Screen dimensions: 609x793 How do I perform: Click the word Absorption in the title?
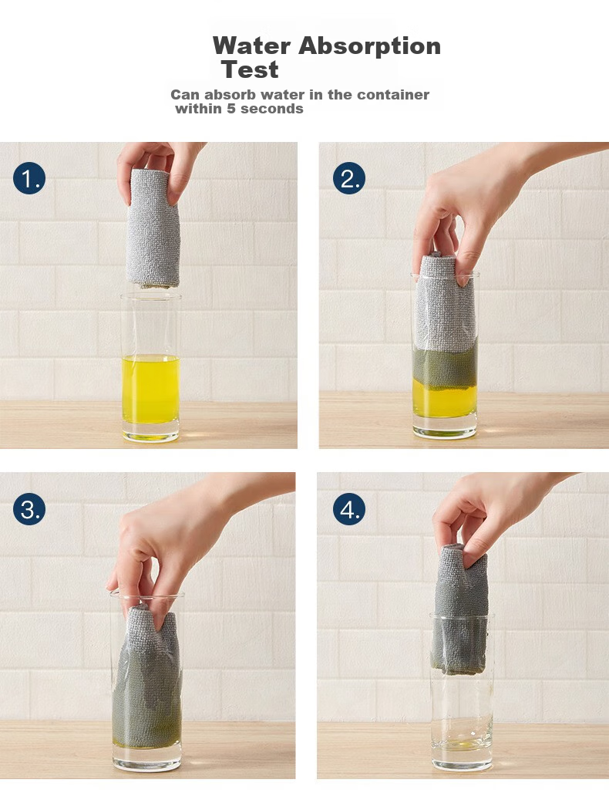click(x=369, y=46)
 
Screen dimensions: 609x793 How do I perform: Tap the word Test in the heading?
click(x=250, y=69)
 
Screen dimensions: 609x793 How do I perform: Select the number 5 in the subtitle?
click(x=231, y=109)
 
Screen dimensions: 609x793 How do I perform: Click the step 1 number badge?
click(x=29, y=178)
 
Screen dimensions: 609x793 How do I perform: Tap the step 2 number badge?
click(x=349, y=178)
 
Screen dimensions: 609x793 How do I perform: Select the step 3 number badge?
click(x=29, y=509)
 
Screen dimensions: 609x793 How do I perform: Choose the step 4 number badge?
click(x=349, y=509)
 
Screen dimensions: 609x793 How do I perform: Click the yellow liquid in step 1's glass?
click(x=150, y=390)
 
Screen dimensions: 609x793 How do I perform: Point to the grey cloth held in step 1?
click(x=152, y=230)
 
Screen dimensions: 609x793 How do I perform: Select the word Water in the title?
click(x=251, y=46)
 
